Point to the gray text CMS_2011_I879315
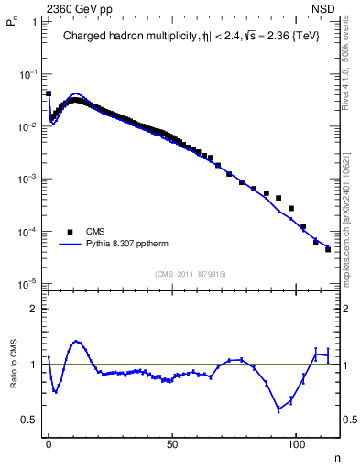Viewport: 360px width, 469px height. pos(190,273)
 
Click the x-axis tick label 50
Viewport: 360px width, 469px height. pos(172,444)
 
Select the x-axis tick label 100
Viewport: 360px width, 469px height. pos(296,444)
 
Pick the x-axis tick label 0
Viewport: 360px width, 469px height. pos(49,444)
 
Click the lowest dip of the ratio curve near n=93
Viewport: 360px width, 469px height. pos(278,409)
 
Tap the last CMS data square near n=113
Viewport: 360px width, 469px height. pos(328,249)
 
